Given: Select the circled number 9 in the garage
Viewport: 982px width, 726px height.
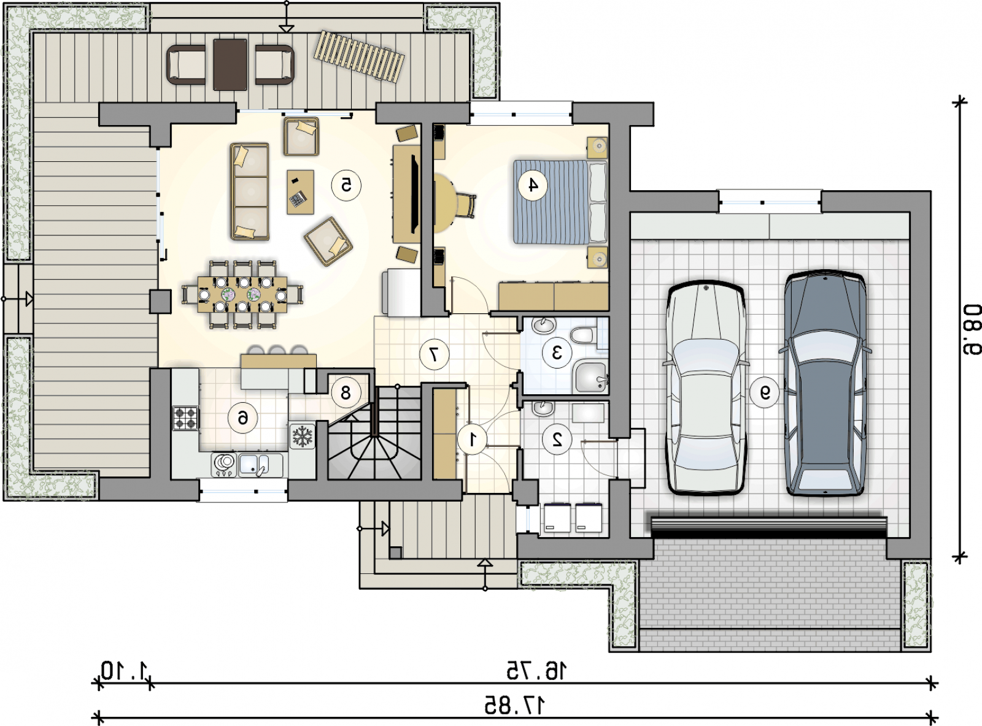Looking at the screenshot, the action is point(765,392).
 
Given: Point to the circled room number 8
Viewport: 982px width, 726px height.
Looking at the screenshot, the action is point(346,392).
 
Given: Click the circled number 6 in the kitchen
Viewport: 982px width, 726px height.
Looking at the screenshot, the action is point(242,417).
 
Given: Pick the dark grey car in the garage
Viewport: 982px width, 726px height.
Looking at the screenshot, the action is point(825,384).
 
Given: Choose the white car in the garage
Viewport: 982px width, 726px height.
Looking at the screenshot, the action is point(706,388).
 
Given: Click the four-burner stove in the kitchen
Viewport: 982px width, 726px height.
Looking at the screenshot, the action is point(185,418).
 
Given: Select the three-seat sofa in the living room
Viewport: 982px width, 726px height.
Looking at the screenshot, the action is point(250,191).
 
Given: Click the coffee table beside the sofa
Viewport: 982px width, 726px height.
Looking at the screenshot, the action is point(300,192).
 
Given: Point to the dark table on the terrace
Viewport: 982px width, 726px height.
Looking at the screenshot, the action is point(230,64).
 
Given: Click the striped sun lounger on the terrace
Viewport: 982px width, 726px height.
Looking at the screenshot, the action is point(359,57).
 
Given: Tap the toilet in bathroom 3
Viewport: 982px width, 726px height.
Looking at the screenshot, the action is point(581,335).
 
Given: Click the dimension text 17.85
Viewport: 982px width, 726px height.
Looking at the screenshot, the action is point(514,706).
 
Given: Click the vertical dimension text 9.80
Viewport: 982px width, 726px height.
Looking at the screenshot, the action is point(972,330).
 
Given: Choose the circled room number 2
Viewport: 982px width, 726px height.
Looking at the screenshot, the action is point(557,439).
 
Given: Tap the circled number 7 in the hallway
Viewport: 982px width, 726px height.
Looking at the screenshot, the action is point(435,354).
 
